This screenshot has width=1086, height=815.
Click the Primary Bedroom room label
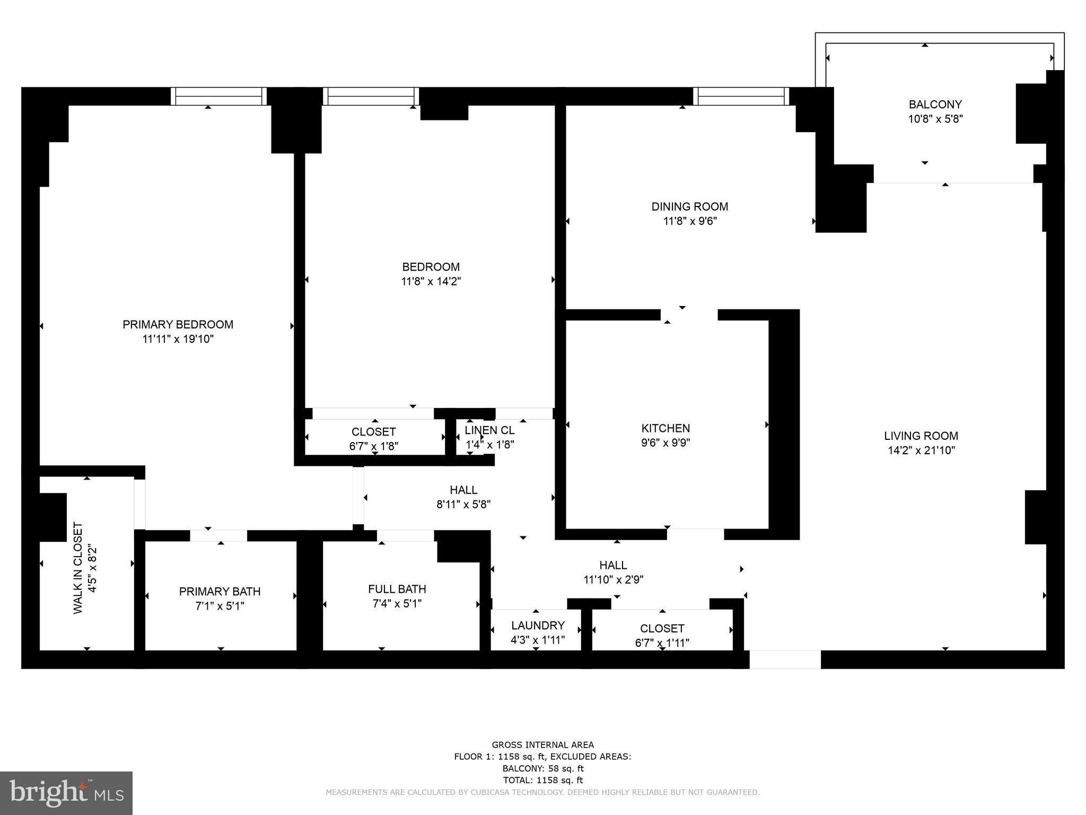tap(178, 324)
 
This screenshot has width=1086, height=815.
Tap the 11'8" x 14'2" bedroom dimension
tap(431, 281)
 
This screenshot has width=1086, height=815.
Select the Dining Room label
tap(689, 206)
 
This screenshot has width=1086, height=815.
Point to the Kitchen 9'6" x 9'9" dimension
tap(665, 443)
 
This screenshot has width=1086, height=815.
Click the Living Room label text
tap(921, 436)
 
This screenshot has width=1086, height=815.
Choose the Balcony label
tap(935, 105)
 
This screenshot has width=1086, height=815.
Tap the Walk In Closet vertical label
tap(78, 568)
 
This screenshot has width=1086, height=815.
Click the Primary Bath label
tap(220, 591)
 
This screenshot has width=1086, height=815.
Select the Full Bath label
tap(397, 589)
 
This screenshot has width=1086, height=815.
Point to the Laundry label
tap(538, 625)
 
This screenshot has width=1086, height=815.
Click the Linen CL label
tap(489, 430)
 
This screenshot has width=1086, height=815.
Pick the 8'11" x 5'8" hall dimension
tap(463, 504)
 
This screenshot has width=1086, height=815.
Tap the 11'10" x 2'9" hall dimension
tap(613, 579)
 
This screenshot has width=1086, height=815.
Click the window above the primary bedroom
tap(218, 96)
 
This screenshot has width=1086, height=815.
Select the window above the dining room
tap(741, 96)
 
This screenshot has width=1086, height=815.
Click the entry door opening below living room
tap(785, 659)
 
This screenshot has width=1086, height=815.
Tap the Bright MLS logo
tap(66, 793)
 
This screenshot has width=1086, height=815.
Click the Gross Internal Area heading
tap(542, 745)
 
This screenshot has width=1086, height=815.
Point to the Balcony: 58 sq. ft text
tap(542, 768)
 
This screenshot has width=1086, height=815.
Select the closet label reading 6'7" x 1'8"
tap(373, 446)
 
